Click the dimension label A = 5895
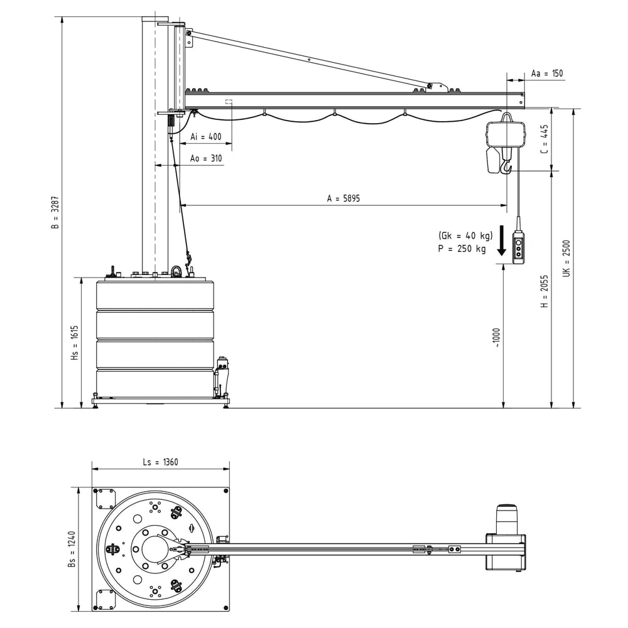point(343,198)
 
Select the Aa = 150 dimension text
point(547,73)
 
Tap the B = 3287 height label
point(55,213)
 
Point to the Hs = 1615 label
point(74,343)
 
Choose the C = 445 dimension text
point(544,139)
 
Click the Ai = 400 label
point(205,136)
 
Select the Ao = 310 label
point(206,159)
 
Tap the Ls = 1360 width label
point(160,462)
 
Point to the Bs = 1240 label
point(72,550)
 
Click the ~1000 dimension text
point(497,337)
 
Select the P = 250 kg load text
point(462,248)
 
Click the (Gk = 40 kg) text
point(465,235)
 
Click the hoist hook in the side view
point(506,166)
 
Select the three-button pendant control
point(518,247)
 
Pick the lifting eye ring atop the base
point(176,271)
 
